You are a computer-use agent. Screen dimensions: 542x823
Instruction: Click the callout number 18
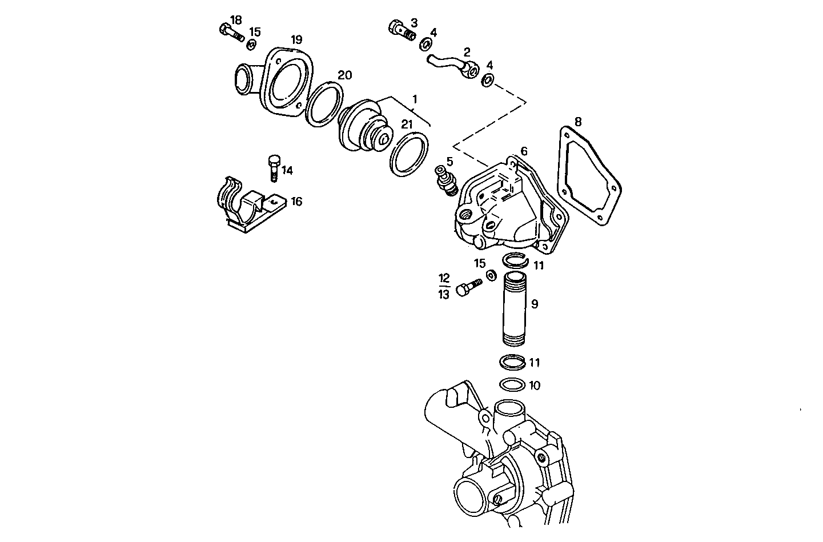coord(236,19)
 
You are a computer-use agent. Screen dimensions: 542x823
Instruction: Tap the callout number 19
coord(296,40)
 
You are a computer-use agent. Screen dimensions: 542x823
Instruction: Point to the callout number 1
coord(415,99)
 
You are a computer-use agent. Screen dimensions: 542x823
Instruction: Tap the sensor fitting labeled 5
coord(446,180)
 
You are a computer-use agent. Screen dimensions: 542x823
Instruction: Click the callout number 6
coord(524,152)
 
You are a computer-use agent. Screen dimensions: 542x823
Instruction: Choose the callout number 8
coord(578,122)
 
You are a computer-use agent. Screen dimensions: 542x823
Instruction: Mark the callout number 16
coord(296,202)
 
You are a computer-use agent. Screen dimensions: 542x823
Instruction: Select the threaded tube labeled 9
coord(517,308)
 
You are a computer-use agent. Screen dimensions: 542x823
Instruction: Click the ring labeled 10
coord(512,384)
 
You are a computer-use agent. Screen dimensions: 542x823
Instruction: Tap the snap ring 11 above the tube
coord(516,260)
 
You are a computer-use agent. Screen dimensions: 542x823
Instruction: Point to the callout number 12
coord(444,278)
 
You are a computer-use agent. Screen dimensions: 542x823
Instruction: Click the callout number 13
coord(444,295)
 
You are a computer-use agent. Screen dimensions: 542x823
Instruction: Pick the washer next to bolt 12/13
coord(491,276)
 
